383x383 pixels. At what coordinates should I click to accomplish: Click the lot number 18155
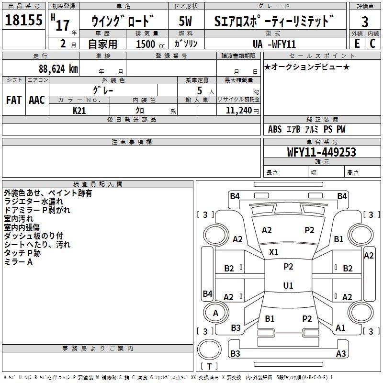coord(23,21)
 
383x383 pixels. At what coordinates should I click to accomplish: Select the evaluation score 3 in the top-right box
coord(365,22)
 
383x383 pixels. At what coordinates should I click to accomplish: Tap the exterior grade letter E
coord(357,43)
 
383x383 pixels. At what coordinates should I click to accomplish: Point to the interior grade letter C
coord(372,43)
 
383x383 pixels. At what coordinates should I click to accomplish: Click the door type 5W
coord(186,21)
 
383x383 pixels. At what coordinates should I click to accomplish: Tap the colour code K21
coord(79,110)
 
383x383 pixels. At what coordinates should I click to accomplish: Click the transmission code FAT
coord(13,100)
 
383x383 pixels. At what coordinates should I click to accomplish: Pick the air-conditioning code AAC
coord(36,100)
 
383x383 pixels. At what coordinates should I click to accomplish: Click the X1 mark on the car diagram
coord(274,252)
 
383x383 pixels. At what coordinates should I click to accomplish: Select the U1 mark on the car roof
coord(288,286)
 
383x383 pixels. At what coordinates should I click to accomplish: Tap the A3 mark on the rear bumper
coord(341,354)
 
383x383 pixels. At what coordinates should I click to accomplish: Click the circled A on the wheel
coord(215,313)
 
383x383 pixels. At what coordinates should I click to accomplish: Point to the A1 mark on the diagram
coord(340,328)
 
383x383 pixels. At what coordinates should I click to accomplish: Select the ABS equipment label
coord(275,129)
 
